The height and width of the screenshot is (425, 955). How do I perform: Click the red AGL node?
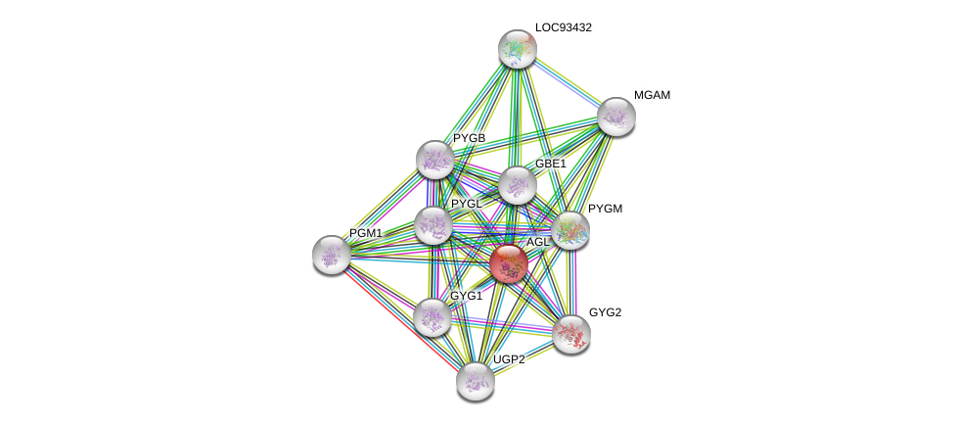tap(509, 263)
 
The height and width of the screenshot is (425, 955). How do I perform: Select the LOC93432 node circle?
tap(517, 49)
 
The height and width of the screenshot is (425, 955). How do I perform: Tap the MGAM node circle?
tap(616, 117)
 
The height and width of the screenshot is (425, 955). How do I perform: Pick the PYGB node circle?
tap(435, 160)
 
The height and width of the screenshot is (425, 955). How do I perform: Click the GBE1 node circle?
tap(517, 185)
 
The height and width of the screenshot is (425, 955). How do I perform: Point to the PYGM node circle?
tap(570, 231)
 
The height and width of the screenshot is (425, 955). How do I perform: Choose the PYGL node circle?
tap(432, 225)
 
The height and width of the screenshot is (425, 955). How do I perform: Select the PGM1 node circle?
tap(332, 255)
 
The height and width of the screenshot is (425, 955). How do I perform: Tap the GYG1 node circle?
tap(432, 317)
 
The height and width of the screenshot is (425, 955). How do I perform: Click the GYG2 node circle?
tap(570, 334)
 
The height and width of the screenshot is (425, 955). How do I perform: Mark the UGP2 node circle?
tap(475, 381)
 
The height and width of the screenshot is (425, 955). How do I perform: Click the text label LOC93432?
tap(563, 27)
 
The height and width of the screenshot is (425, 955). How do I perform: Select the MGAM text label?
tap(652, 95)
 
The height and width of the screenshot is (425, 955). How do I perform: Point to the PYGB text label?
tap(469, 138)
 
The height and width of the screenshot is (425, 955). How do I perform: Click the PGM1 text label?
tap(366, 233)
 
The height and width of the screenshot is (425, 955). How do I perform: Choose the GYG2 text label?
tap(605, 312)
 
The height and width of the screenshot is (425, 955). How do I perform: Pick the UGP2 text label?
tap(509, 359)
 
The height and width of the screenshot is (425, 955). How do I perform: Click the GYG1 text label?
tap(466, 296)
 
